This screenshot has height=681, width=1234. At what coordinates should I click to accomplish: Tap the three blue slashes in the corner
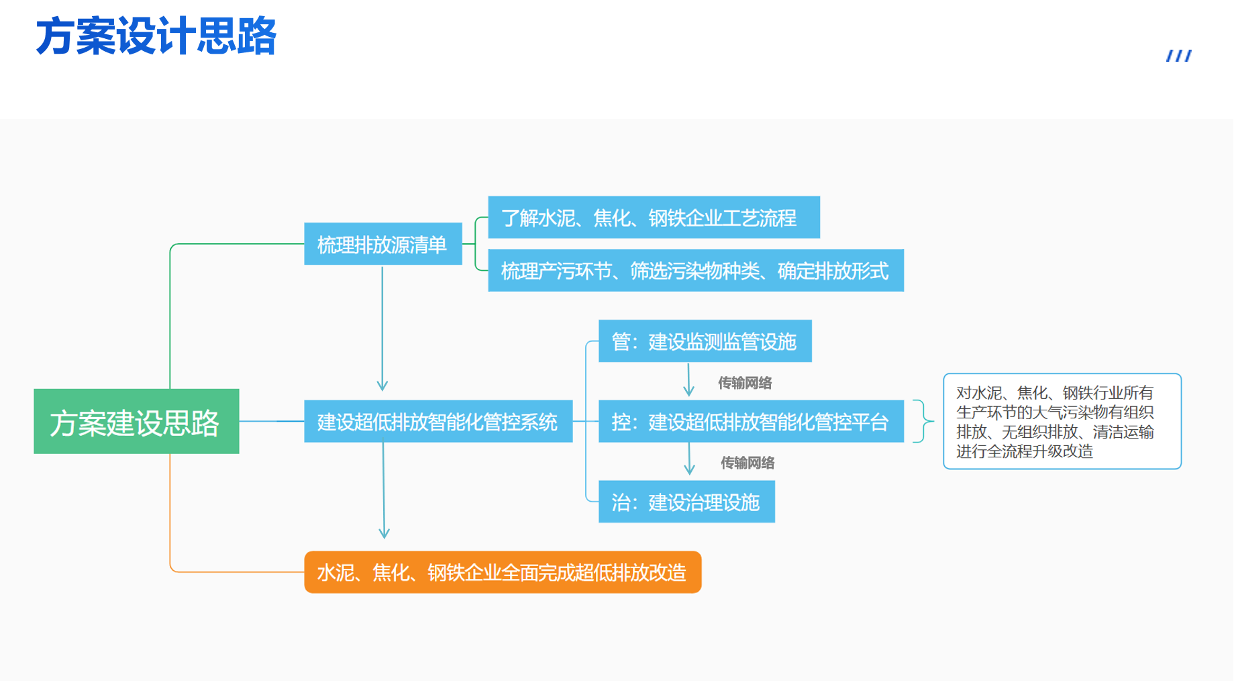tap(1179, 56)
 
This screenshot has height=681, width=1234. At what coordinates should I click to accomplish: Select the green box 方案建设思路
tap(136, 421)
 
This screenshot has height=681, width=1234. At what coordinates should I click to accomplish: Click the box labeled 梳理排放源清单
tap(382, 244)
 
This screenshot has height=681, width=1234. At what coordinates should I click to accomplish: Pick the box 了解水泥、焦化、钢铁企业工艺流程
tap(654, 217)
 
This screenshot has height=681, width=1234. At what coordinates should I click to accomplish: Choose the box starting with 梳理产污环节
tap(696, 270)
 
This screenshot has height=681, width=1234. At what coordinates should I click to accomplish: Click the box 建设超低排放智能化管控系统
tap(438, 421)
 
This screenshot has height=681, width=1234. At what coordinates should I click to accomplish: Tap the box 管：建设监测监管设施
tap(705, 341)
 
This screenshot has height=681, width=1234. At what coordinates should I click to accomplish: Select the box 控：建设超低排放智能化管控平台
tap(751, 421)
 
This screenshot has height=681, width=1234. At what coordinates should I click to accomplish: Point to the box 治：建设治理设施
tap(686, 502)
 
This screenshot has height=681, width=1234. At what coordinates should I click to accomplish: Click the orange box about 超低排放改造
tap(503, 572)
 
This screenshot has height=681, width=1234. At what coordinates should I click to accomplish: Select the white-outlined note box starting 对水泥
tap(1062, 421)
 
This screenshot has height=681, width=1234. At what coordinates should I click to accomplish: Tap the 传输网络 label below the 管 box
tap(745, 383)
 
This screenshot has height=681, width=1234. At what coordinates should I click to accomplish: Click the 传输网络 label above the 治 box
tap(748, 463)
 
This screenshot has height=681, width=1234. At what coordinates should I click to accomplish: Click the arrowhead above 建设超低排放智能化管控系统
tap(382, 385)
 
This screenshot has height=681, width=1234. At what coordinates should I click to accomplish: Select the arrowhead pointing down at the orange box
tap(384, 533)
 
